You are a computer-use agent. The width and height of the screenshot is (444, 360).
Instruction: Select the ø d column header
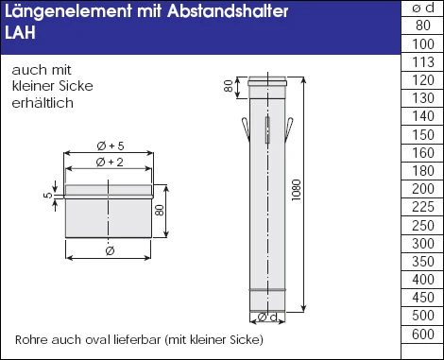(423, 8)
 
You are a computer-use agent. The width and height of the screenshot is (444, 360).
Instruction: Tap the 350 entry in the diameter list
(423, 261)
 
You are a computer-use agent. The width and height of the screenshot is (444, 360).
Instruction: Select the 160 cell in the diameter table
(423, 153)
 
